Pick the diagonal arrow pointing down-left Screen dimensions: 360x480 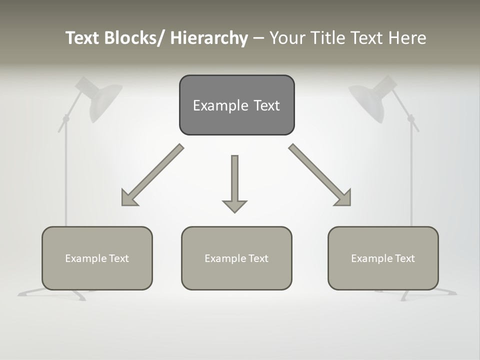point(152,175)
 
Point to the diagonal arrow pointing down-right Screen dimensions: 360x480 point(320,175)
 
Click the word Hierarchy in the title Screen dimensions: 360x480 point(209,38)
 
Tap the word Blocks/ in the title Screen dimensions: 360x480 point(132,38)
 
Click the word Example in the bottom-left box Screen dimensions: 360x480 point(86,258)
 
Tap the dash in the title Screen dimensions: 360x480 point(258,38)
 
